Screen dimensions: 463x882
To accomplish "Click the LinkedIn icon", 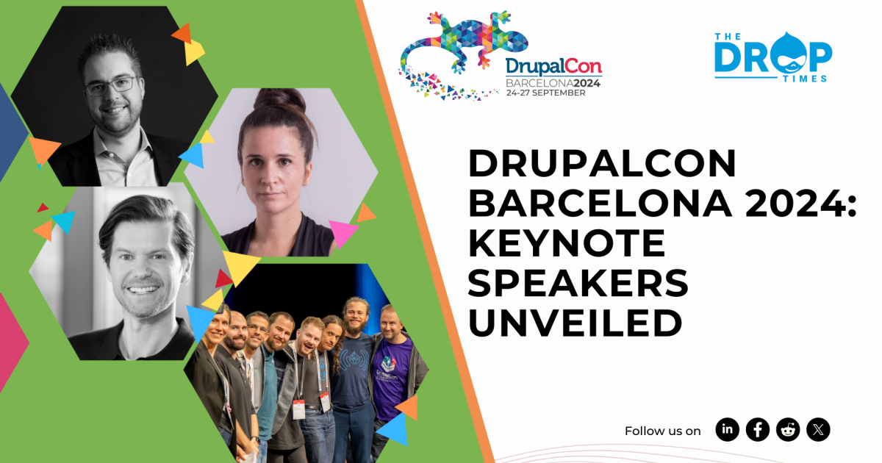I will (x=728, y=429).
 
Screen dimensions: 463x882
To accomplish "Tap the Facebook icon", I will (x=758, y=429).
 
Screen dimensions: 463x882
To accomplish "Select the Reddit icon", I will (x=788, y=429).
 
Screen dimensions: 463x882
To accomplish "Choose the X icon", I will (x=818, y=429).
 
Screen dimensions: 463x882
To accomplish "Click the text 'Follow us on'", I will (x=662, y=431).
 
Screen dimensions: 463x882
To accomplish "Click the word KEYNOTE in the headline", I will (x=567, y=243).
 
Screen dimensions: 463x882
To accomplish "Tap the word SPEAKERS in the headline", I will (x=578, y=284).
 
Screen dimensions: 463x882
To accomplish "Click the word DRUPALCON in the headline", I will (x=602, y=163).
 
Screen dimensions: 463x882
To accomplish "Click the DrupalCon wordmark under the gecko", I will (x=553, y=67).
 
